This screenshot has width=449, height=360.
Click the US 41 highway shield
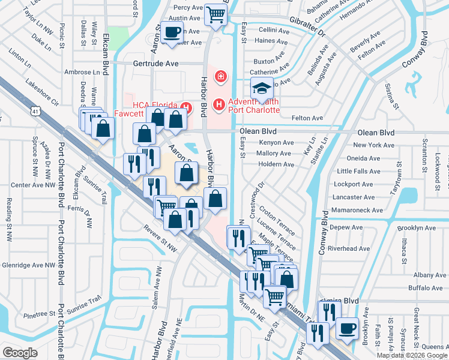pyautogui.click(x=35, y=111)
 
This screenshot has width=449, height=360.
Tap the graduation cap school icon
pyautogui.click(x=261, y=89)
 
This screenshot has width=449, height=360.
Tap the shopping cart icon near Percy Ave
pyautogui.click(x=215, y=14)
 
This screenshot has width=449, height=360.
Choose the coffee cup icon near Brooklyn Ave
pyautogui.click(x=346, y=328)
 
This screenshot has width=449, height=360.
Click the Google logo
pyautogui.click(x=20, y=352)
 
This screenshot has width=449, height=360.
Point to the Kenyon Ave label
pyautogui.click(x=276, y=143)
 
